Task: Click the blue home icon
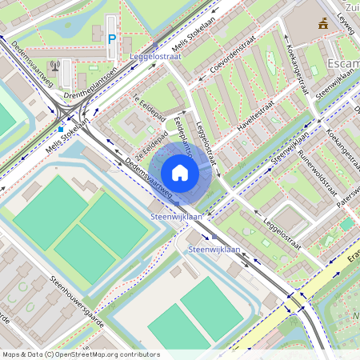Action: click(x=180, y=173)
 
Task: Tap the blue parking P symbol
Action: click(x=112, y=38)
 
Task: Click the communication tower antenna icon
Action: click(x=54, y=66)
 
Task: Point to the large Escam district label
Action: click(x=343, y=64)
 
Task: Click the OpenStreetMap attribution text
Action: click(x=80, y=354)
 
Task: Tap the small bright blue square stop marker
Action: click(x=61, y=128)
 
